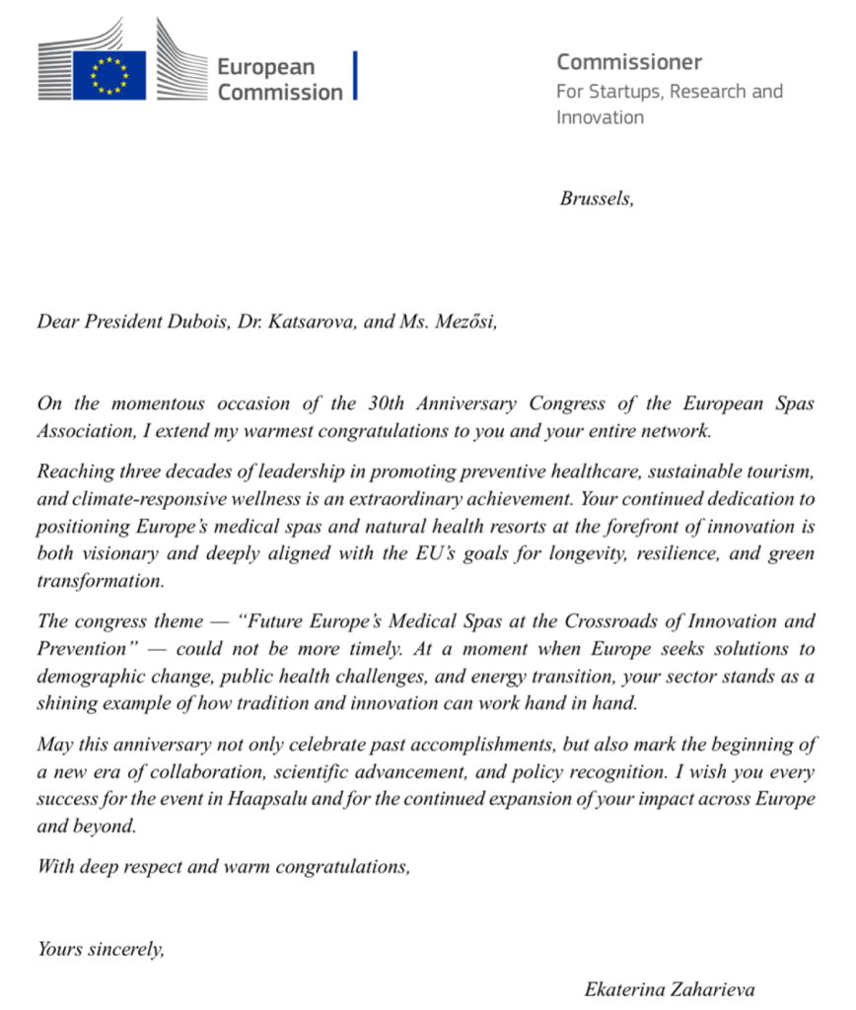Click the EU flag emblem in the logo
(108, 75)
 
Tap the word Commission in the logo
(280, 93)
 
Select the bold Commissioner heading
(629, 62)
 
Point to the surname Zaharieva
(717, 988)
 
